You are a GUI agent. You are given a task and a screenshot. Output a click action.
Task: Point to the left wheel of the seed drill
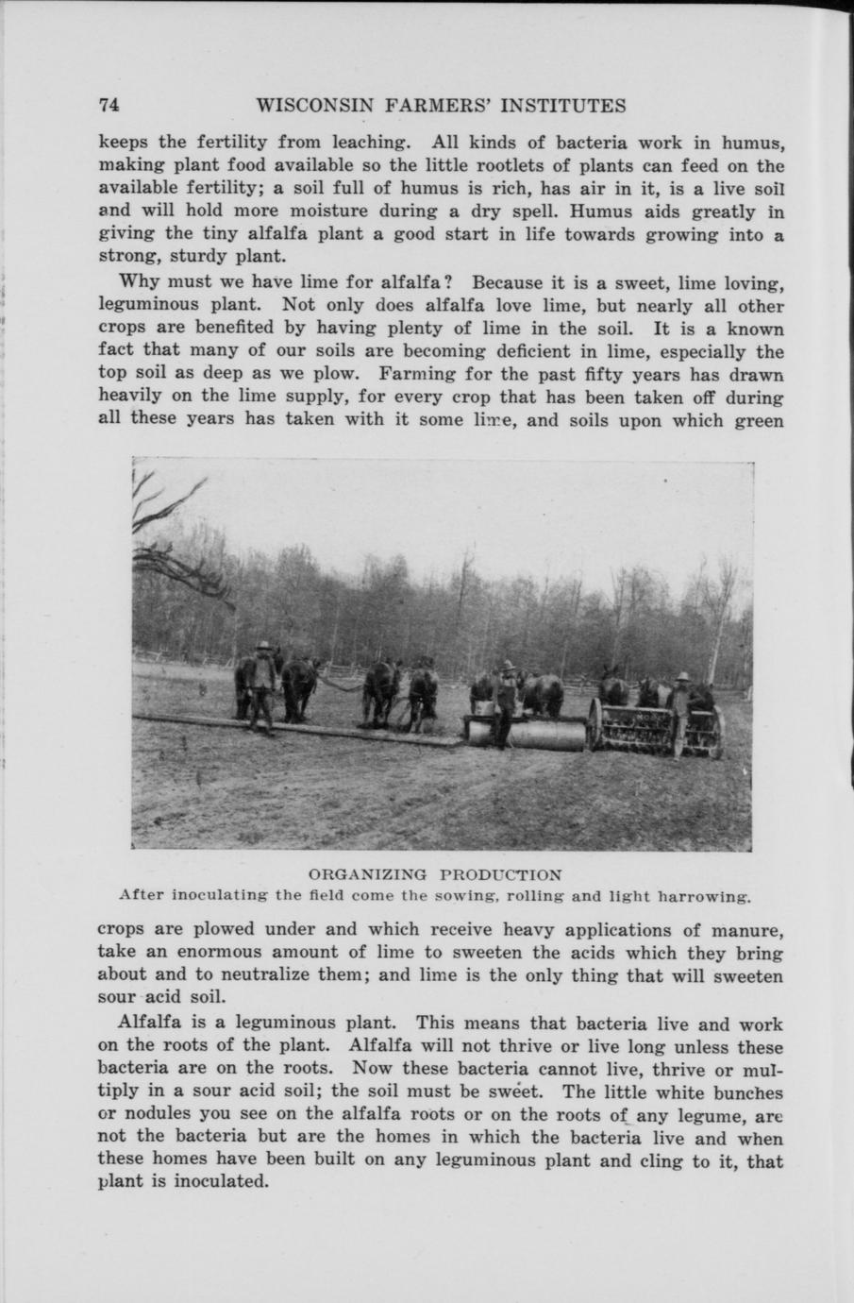coord(595,724)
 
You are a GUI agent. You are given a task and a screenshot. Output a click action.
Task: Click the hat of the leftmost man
coord(264,645)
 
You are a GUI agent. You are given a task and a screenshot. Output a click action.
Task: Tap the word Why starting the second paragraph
coord(138,282)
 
